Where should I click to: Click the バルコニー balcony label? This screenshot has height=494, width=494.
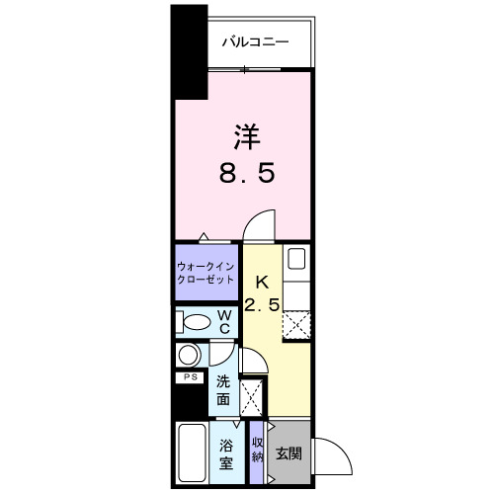[254, 41]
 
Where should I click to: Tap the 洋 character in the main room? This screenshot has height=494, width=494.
[246, 134]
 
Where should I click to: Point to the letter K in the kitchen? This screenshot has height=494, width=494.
[264, 281]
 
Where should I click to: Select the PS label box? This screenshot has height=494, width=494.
[188, 377]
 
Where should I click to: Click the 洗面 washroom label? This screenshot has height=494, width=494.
[224, 390]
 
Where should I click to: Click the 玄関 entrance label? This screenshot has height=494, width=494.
[288, 455]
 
